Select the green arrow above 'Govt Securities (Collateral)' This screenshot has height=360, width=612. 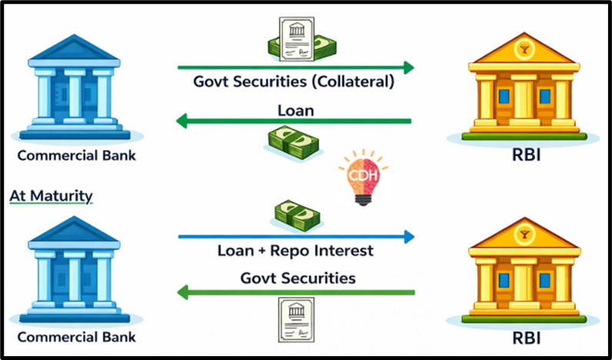point(296,67)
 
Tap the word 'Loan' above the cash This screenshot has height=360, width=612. point(296,110)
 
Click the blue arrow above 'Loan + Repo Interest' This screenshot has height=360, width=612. point(296,237)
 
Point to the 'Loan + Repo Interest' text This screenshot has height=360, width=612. point(296,251)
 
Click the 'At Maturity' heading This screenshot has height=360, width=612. point(51,196)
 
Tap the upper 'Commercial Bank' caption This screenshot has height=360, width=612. point(75,155)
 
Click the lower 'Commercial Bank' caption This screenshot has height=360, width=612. point(75,337)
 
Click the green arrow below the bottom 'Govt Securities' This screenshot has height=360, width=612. point(296,292)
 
